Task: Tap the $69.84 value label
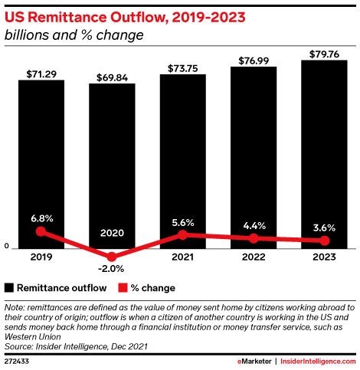112,77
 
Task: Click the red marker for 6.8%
41,231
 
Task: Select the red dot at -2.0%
112,257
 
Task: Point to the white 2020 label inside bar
112,233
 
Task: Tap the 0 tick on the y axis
7,247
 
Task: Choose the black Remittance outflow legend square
9,288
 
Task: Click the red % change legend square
122,288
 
